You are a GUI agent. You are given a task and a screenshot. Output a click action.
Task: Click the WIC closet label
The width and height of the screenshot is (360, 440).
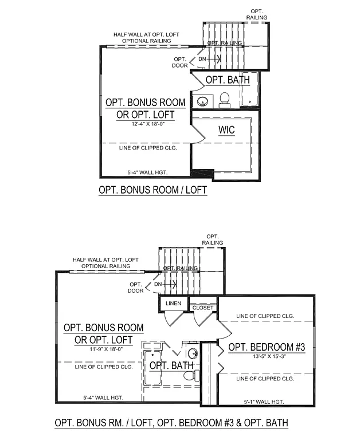[x=226, y=130]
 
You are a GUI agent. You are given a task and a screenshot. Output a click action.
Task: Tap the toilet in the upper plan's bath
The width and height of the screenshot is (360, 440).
[x=224, y=100]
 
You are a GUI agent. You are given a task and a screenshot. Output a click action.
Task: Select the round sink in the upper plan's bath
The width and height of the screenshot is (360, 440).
[x=202, y=102]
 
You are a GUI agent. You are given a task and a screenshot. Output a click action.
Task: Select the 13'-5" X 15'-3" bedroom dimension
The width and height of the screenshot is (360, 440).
[x=267, y=356]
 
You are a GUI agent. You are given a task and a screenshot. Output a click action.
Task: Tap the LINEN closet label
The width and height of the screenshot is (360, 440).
[x=173, y=303]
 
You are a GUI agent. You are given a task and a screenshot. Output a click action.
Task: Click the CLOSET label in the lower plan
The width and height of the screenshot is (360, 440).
[x=202, y=308]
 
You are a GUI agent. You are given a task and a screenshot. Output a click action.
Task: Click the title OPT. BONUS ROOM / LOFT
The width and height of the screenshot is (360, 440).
[x=152, y=189]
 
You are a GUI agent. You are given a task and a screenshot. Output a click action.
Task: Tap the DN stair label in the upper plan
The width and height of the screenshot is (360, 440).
[x=202, y=58]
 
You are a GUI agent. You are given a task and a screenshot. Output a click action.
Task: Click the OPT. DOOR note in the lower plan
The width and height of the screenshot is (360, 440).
[x=136, y=288]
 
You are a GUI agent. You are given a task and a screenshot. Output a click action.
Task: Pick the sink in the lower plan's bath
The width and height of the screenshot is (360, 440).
[x=193, y=353]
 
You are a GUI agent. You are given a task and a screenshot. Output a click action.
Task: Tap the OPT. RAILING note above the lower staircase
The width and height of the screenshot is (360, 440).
[x=213, y=239]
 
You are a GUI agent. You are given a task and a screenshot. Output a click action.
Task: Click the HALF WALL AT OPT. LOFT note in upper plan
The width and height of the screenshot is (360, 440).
[x=146, y=34]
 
